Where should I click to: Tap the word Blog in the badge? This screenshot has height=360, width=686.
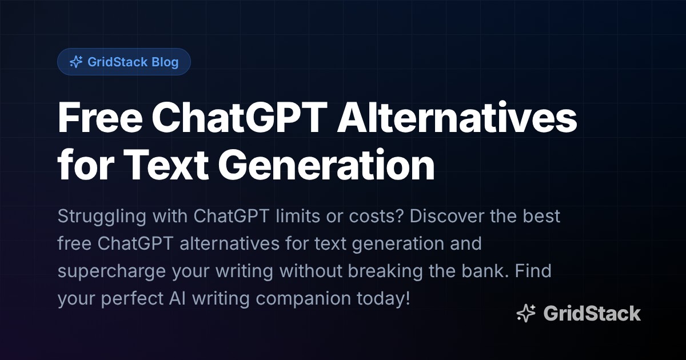coord(165,62)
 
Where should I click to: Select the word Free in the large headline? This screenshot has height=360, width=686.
coord(95,118)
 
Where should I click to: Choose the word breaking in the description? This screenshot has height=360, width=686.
coord(382,271)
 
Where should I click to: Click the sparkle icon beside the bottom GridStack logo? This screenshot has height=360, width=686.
coord(526,313)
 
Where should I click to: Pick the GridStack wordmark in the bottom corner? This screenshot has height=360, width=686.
coord(592,313)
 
